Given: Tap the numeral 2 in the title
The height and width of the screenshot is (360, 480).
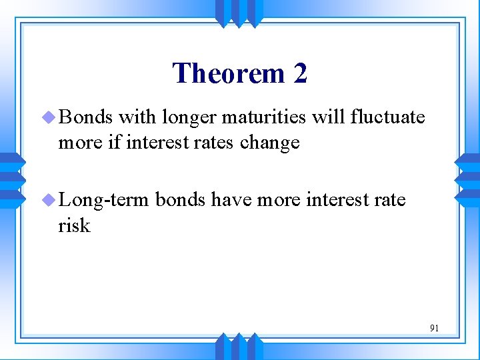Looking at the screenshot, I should [x=300, y=73].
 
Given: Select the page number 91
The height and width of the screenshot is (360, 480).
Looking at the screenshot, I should [x=434, y=328].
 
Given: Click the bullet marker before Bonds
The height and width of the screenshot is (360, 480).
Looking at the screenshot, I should [x=49, y=118].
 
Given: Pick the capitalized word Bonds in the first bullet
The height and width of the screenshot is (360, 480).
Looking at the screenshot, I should [x=86, y=117].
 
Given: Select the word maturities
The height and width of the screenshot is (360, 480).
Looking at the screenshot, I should [x=263, y=117].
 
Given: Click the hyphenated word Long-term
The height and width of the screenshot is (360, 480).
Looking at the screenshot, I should [x=107, y=200].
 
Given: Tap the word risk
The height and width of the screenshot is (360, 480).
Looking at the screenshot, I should [x=74, y=225].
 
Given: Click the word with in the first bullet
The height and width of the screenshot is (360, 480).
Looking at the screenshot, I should [x=136, y=117].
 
